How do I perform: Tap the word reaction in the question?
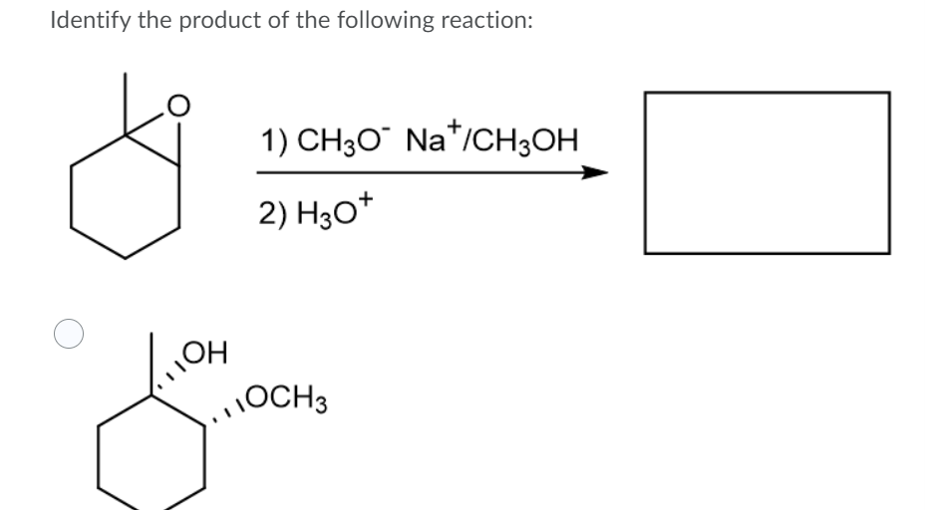coord(486,21)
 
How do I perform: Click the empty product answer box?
coord(767,172)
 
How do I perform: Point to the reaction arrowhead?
coord(594,172)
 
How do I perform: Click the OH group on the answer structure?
coord(209,352)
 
